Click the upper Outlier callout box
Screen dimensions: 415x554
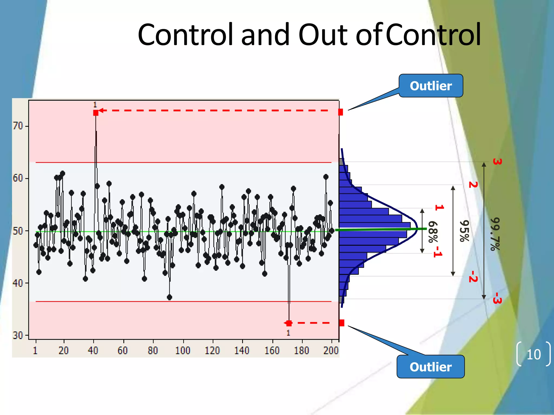(431, 86)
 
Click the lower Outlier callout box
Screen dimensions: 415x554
(430, 367)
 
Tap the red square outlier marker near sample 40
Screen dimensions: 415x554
(96, 113)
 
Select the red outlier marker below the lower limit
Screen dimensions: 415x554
(289, 323)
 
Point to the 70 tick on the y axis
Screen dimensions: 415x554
(18, 126)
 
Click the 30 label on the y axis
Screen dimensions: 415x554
(18, 335)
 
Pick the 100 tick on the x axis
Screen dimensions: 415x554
(183, 350)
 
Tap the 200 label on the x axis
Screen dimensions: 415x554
(331, 350)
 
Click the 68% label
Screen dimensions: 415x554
(433, 232)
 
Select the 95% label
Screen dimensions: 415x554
(464, 231)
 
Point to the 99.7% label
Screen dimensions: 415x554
(495, 234)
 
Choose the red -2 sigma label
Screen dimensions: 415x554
(473, 277)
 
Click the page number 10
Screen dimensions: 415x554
(533, 354)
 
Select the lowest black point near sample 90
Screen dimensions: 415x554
(170, 297)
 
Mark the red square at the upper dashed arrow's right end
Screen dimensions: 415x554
(341, 112)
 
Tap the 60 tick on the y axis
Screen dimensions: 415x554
(18, 178)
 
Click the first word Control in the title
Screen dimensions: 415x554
(185, 35)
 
